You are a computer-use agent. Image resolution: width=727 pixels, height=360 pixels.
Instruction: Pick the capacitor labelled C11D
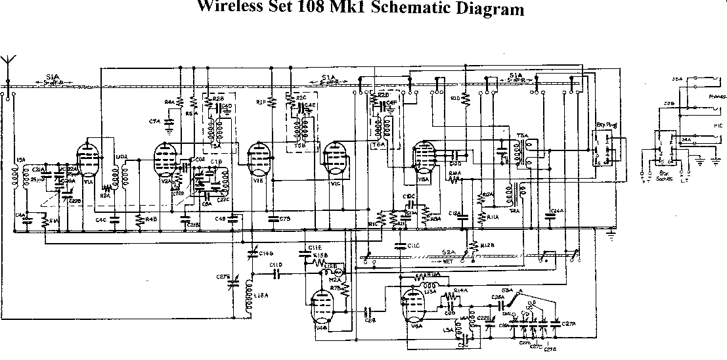coord(276,270)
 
